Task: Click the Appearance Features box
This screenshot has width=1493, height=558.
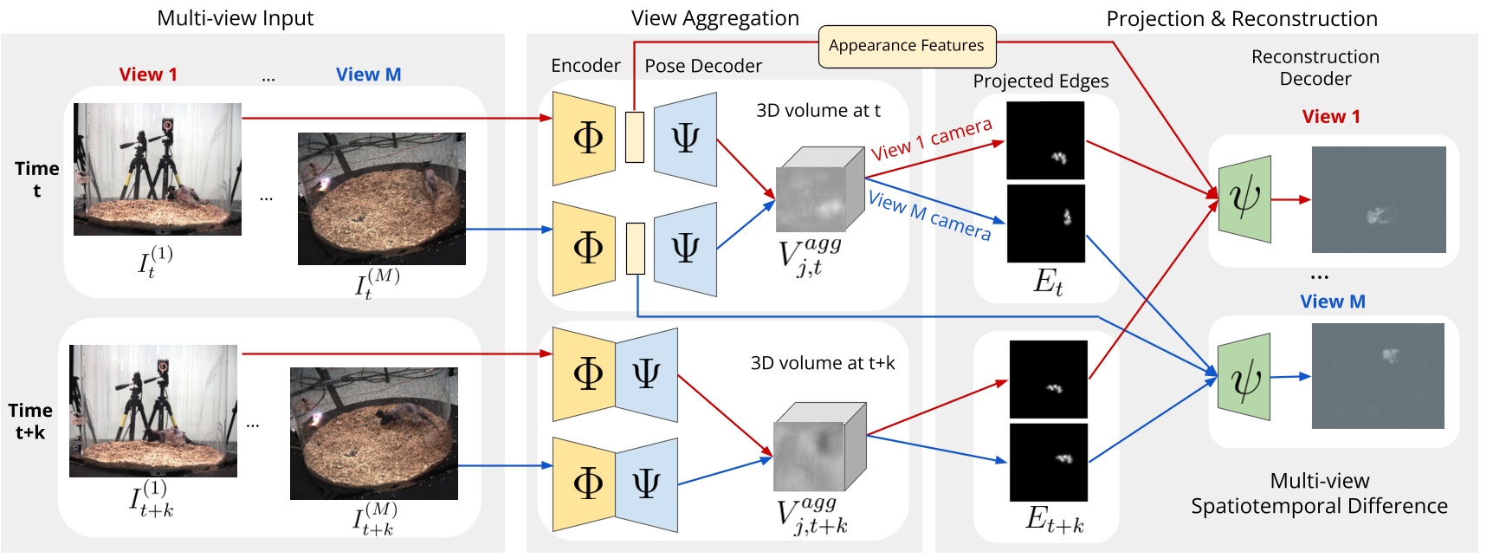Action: click(x=907, y=46)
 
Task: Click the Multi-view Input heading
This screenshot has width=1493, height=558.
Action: click(x=235, y=18)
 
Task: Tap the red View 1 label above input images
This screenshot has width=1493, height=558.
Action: click(x=148, y=75)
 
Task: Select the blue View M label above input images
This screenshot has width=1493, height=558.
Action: click(x=368, y=75)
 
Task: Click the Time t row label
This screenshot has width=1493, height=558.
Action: click(x=36, y=178)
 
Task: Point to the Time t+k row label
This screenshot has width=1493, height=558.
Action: click(x=30, y=420)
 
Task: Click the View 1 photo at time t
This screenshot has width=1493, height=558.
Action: click(x=158, y=169)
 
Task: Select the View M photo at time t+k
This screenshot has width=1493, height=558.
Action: click(x=373, y=433)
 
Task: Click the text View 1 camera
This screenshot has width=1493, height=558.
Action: click(x=931, y=139)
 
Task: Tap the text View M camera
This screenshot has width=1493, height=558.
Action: click(x=929, y=215)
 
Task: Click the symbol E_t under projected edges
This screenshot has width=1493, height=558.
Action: click(x=1048, y=282)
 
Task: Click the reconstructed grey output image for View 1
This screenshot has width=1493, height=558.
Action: click(x=1379, y=199)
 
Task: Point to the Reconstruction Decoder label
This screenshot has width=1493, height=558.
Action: click(x=1315, y=68)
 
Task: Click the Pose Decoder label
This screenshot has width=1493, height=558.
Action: click(x=703, y=66)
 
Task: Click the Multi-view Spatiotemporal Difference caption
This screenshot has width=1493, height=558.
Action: click(x=1318, y=493)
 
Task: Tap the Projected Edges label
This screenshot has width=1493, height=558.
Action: click(x=1040, y=81)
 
